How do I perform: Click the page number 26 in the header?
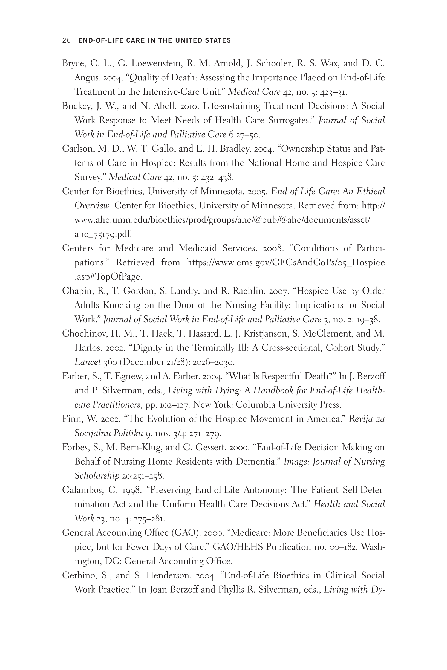(x=66, y=40)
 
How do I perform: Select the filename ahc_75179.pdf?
(x=103, y=234)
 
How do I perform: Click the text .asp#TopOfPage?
(x=108, y=277)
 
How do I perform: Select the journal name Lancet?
(x=88, y=362)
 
